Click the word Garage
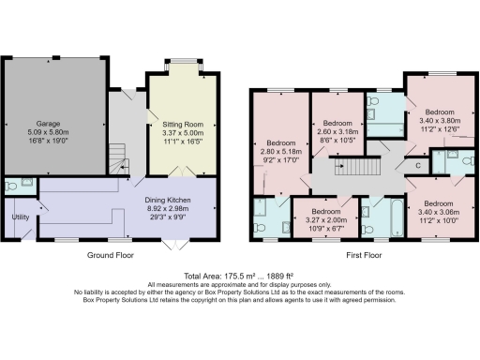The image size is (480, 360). coord(49,123)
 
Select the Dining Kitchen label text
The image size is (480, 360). coord(170,200)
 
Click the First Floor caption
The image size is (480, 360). coord(360,255)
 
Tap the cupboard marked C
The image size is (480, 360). coord(417,166)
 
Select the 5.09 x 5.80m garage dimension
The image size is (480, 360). coord(49,131)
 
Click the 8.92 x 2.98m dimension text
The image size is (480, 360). coord(170,208)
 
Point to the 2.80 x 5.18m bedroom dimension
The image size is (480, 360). coord(280,151)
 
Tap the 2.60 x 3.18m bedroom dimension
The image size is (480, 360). coord(337,132)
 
